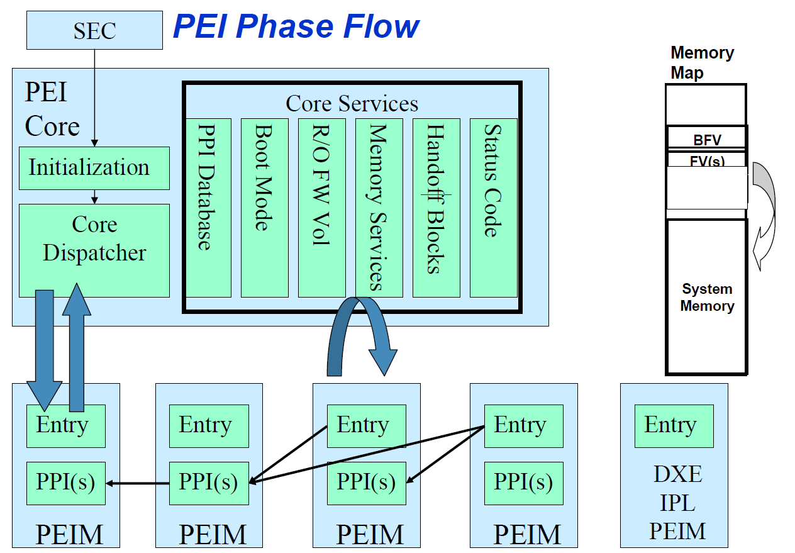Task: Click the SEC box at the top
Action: tap(94, 30)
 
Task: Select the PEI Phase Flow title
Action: tap(296, 27)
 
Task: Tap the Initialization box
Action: tap(94, 168)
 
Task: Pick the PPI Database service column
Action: tap(208, 208)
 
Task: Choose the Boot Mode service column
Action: tap(264, 208)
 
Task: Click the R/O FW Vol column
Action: tap(321, 208)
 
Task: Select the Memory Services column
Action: tap(379, 208)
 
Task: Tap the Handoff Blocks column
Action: tap(436, 208)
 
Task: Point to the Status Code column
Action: tap(493, 208)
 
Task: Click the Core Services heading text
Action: tap(352, 103)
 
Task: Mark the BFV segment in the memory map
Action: tap(706, 139)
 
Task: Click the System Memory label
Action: tap(707, 298)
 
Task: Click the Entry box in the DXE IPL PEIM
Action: tap(674, 426)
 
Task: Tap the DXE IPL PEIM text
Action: tap(677, 503)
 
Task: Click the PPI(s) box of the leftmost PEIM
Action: tap(65, 483)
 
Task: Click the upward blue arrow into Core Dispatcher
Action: tap(77, 346)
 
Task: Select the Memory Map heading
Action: tap(701, 62)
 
